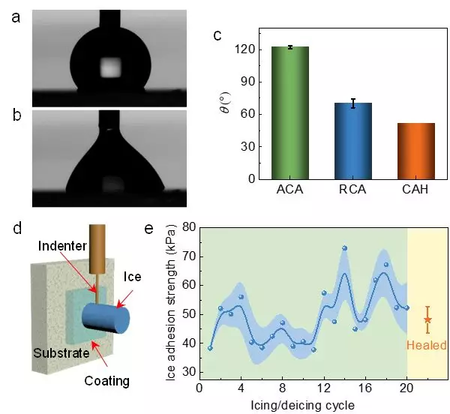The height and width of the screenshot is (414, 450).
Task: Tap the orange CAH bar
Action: pos(416,151)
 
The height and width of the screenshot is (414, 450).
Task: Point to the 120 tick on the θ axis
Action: pos(247,49)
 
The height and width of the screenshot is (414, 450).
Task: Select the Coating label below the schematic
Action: pos(106,381)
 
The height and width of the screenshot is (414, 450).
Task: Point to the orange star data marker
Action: pos(427,320)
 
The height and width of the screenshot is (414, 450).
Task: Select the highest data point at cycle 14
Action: pos(344,248)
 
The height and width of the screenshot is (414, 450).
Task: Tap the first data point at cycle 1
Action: pos(210,348)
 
